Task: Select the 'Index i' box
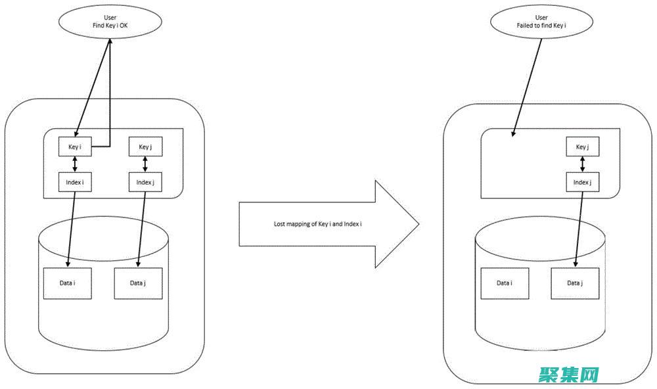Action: click(x=74, y=181)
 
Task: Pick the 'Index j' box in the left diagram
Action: click(x=145, y=181)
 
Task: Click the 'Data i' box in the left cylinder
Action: click(x=67, y=283)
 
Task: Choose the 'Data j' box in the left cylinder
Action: click(x=137, y=283)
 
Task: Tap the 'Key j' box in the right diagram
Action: click(x=582, y=147)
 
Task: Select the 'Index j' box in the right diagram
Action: click(x=582, y=182)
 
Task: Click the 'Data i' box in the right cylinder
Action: click(x=504, y=283)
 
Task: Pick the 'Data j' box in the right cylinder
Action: click(x=575, y=283)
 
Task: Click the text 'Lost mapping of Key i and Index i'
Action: click(x=318, y=224)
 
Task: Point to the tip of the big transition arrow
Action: click(x=418, y=224)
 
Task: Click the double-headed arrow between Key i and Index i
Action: click(x=74, y=164)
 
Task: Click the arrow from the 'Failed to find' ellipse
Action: click(x=527, y=85)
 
